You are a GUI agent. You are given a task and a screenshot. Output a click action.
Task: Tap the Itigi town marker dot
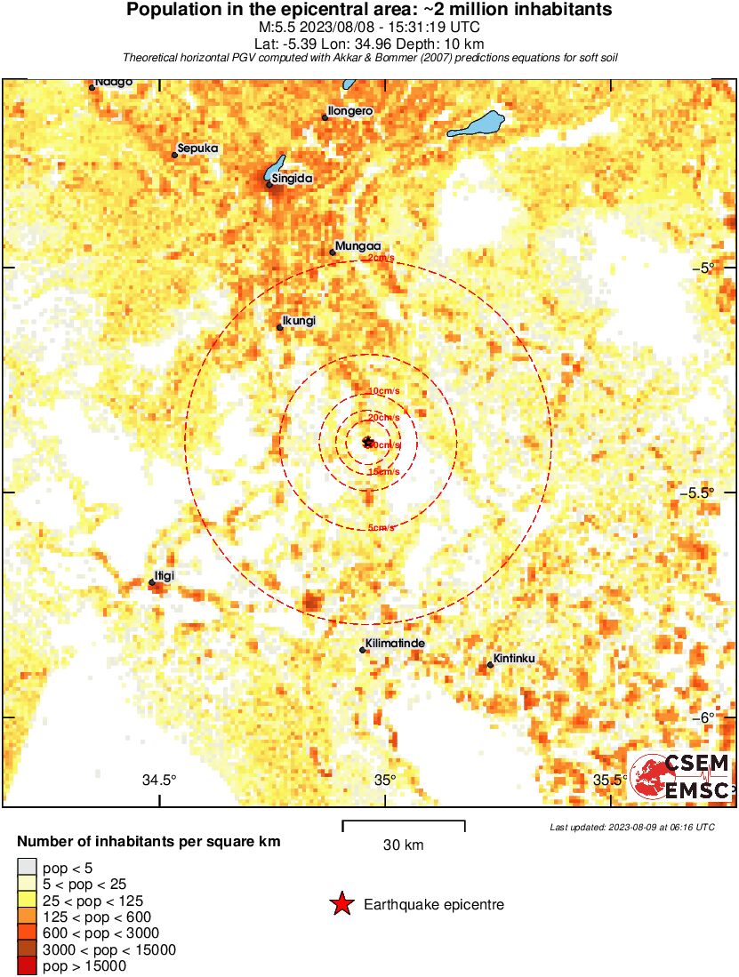(x=152, y=582)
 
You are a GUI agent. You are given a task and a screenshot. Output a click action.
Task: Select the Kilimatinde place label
(x=394, y=643)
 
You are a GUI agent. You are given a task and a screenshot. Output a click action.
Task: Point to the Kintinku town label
(x=517, y=658)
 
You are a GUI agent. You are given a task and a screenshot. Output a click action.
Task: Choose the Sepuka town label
(x=197, y=148)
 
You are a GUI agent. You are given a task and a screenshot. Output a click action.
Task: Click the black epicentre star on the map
(x=367, y=441)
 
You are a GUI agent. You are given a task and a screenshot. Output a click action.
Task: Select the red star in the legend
(x=341, y=905)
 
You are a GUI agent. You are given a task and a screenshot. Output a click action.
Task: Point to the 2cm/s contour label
(x=380, y=259)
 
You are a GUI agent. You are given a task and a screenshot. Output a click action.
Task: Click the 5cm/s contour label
(x=381, y=528)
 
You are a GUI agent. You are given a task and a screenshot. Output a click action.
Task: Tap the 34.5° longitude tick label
(x=160, y=781)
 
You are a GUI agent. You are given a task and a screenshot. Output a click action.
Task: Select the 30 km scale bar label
(x=403, y=845)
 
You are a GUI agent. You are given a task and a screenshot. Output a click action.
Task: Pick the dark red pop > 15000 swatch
(x=28, y=966)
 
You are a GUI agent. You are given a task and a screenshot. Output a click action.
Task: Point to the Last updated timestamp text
(x=631, y=827)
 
